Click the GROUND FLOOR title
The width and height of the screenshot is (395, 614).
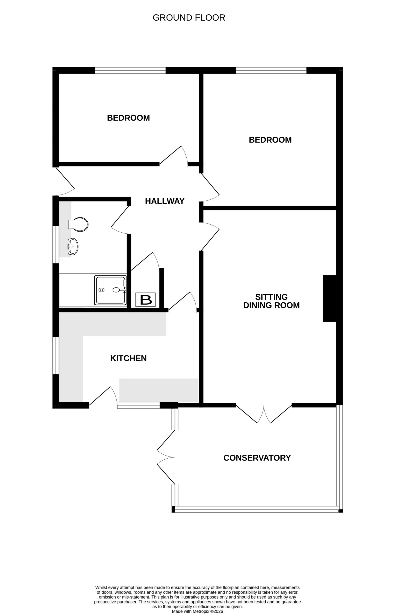coord(189,18)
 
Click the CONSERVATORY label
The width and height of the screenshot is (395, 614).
coord(257,458)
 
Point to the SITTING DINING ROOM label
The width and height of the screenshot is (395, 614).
coord(271,301)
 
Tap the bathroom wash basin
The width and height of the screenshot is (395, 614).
coord(73,246)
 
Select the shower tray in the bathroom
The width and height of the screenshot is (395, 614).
coord(110,290)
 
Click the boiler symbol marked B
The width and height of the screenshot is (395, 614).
coord(145,299)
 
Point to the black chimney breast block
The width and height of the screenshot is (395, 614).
coord(329,298)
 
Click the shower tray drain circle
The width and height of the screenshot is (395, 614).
coord(102,290)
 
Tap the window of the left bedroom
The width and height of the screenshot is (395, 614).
coord(130,70)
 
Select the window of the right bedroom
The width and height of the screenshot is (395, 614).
coord(271,70)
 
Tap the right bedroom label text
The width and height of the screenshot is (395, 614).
coord(270,140)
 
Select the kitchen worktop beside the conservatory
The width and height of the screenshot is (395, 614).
coord(158,390)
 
